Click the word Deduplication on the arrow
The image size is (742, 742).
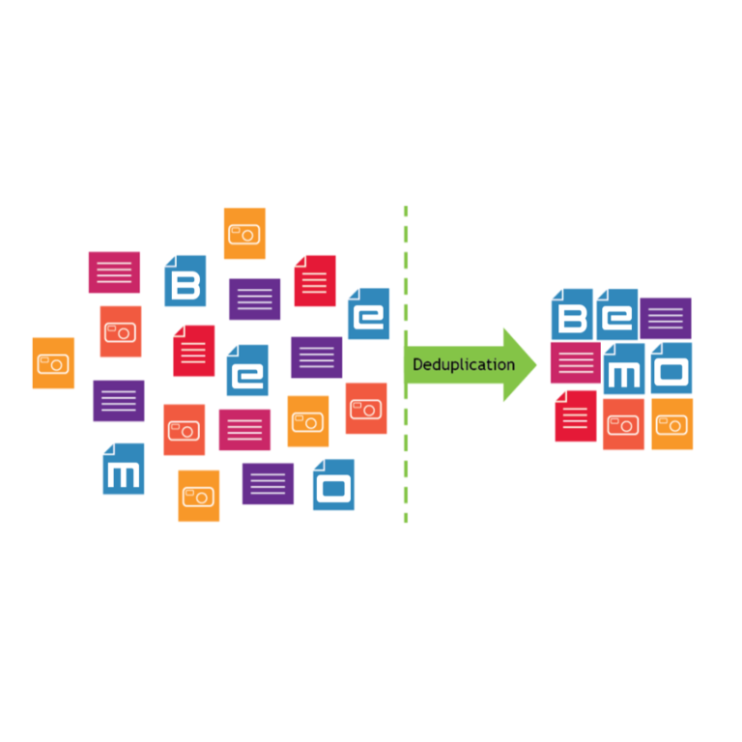[464, 364]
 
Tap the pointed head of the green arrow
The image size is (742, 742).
[535, 365]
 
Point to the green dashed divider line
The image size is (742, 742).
[406, 364]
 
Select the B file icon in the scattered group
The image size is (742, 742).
[185, 280]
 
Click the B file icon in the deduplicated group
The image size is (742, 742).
[572, 314]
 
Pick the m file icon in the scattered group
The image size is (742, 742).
[124, 469]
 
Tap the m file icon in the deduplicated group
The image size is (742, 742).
[624, 369]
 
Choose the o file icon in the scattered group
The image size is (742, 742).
[333, 485]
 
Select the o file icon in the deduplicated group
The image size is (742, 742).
[671, 368]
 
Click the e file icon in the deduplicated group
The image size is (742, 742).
[617, 314]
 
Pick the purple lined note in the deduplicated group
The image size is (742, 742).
[666, 319]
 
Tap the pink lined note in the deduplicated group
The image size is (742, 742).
[576, 363]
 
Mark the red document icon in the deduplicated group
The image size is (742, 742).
[576, 416]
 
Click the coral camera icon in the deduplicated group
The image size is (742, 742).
[624, 424]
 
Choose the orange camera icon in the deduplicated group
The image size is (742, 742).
[672, 424]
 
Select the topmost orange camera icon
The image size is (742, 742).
[244, 233]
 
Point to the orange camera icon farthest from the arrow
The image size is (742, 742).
[53, 363]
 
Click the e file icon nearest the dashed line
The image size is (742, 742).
[369, 314]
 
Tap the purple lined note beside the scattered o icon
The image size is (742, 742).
[268, 484]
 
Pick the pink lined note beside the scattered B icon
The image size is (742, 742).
[114, 272]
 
